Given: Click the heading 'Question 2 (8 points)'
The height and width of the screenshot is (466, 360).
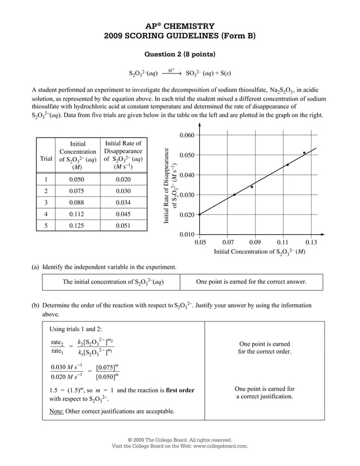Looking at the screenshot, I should (x=180, y=55).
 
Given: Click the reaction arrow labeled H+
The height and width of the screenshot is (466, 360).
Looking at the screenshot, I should (x=172, y=73).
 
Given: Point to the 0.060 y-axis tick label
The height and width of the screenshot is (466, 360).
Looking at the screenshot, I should (x=186, y=135).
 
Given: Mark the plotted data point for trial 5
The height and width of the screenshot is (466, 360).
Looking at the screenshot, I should (x=304, y=153).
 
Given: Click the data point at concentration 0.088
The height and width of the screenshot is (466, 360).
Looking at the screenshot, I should (x=252, y=187).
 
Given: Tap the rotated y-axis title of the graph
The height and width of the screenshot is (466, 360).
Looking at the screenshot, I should (x=171, y=185).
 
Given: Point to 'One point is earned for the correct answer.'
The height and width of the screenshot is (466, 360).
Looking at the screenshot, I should (x=251, y=282).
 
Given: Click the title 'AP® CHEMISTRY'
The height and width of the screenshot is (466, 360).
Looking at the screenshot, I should (x=180, y=26).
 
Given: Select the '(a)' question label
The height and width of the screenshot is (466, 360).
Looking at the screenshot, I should (x=35, y=267).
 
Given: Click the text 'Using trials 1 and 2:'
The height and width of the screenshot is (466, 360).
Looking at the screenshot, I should (x=76, y=329).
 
